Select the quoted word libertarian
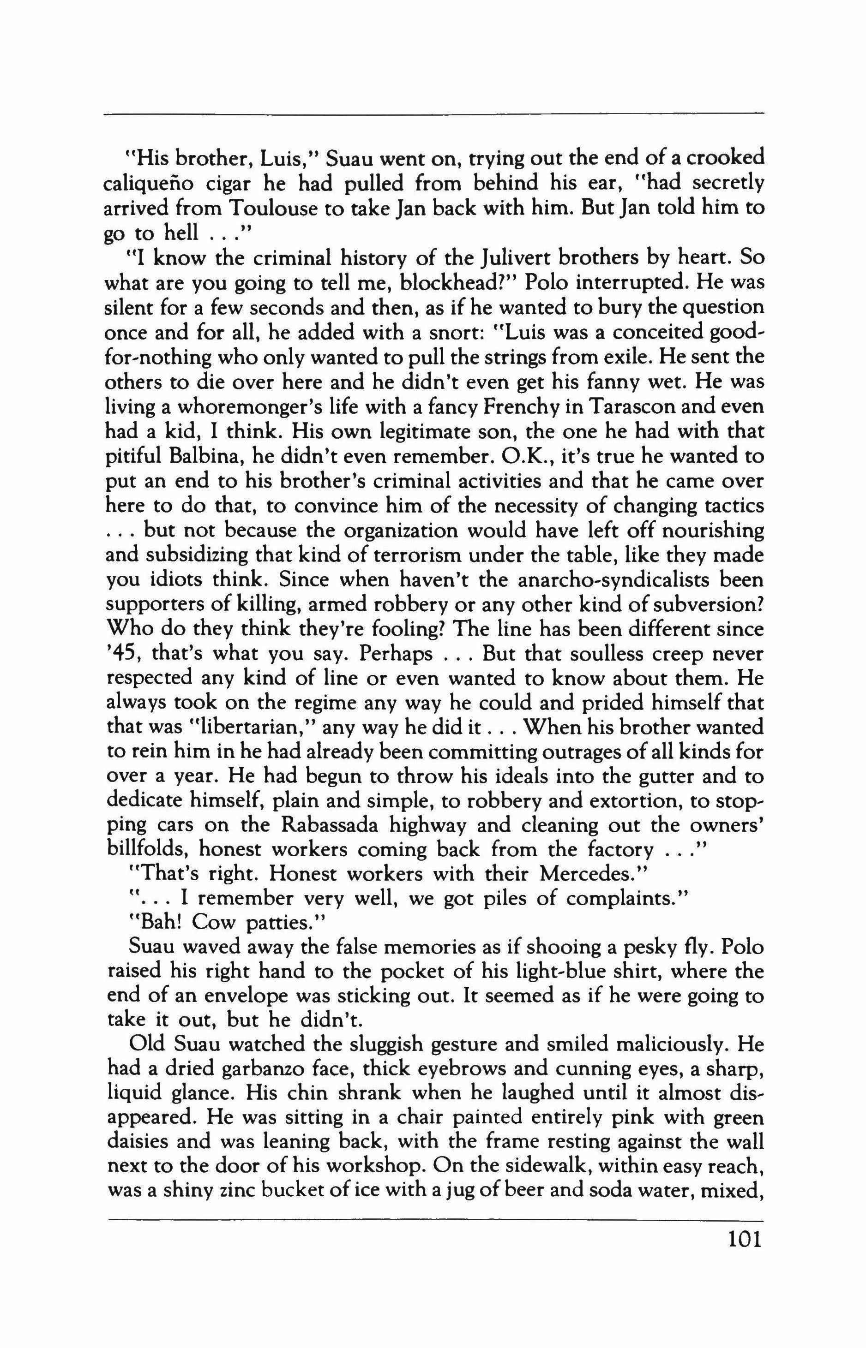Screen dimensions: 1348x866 point(250,728)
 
